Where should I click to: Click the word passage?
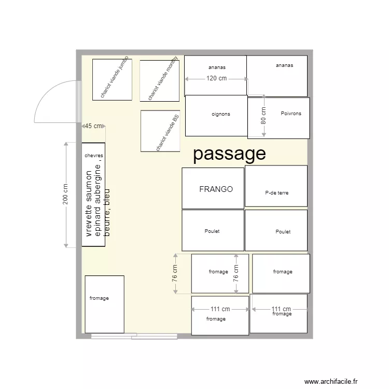point(229,154)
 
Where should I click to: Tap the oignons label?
point(221,114)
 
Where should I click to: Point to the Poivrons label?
point(290,114)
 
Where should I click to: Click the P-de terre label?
point(276,192)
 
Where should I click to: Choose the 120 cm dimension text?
point(216,79)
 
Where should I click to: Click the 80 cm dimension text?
point(263,116)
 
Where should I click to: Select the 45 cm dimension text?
point(93,126)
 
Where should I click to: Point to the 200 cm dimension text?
point(66,194)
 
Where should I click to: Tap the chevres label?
point(93,156)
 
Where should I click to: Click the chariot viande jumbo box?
point(112,79)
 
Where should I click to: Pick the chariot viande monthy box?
point(159,81)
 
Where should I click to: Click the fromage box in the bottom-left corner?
point(104,304)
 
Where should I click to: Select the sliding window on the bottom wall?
point(134,337)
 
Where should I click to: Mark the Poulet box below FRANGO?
point(213,230)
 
